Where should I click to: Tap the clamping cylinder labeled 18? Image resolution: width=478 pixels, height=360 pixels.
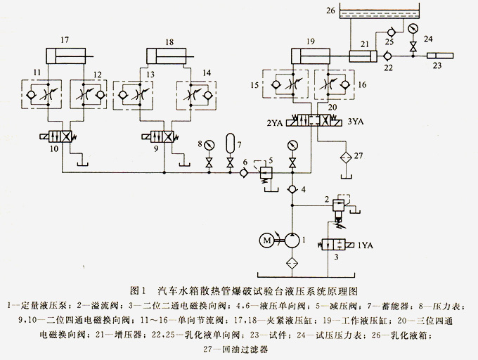coord(169,54)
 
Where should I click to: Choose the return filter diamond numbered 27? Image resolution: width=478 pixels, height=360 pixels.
coord(344,155)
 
